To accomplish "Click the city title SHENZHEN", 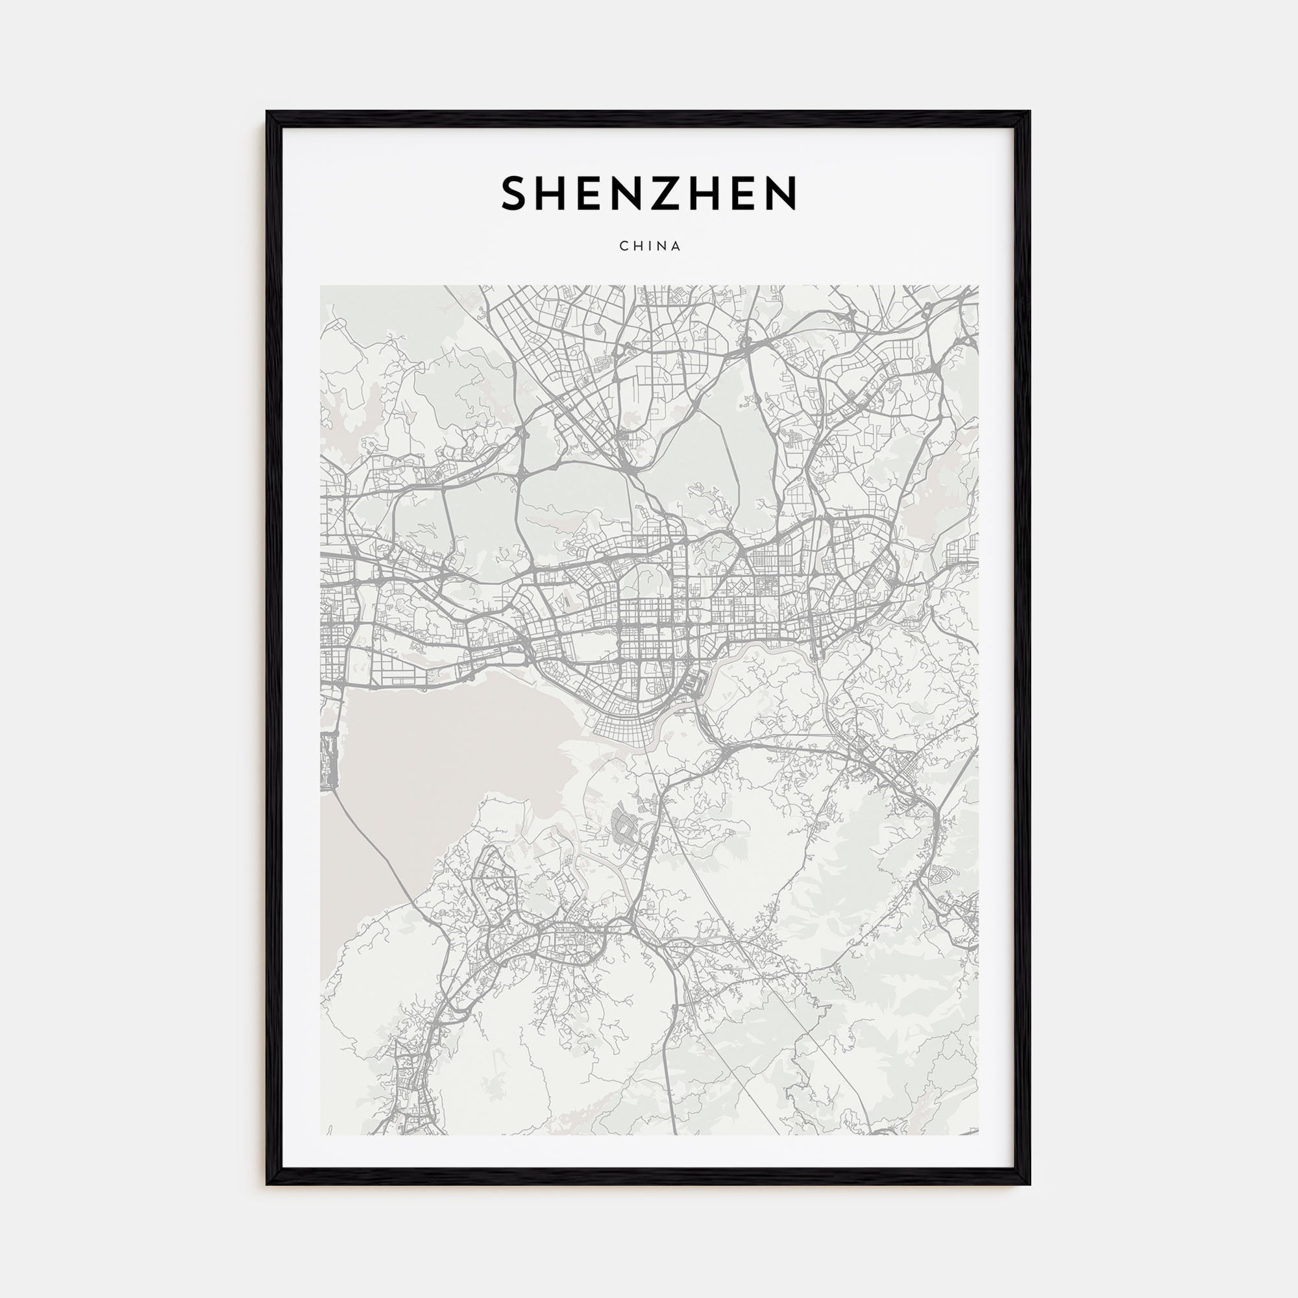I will click(649, 193).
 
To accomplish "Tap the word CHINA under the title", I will click(650, 247).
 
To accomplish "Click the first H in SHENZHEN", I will click(554, 193).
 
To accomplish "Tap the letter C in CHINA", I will click(624, 247).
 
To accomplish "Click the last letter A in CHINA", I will click(676, 247).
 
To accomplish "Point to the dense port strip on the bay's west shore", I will click(329, 759).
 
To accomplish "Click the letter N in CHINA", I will click(661, 247).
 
